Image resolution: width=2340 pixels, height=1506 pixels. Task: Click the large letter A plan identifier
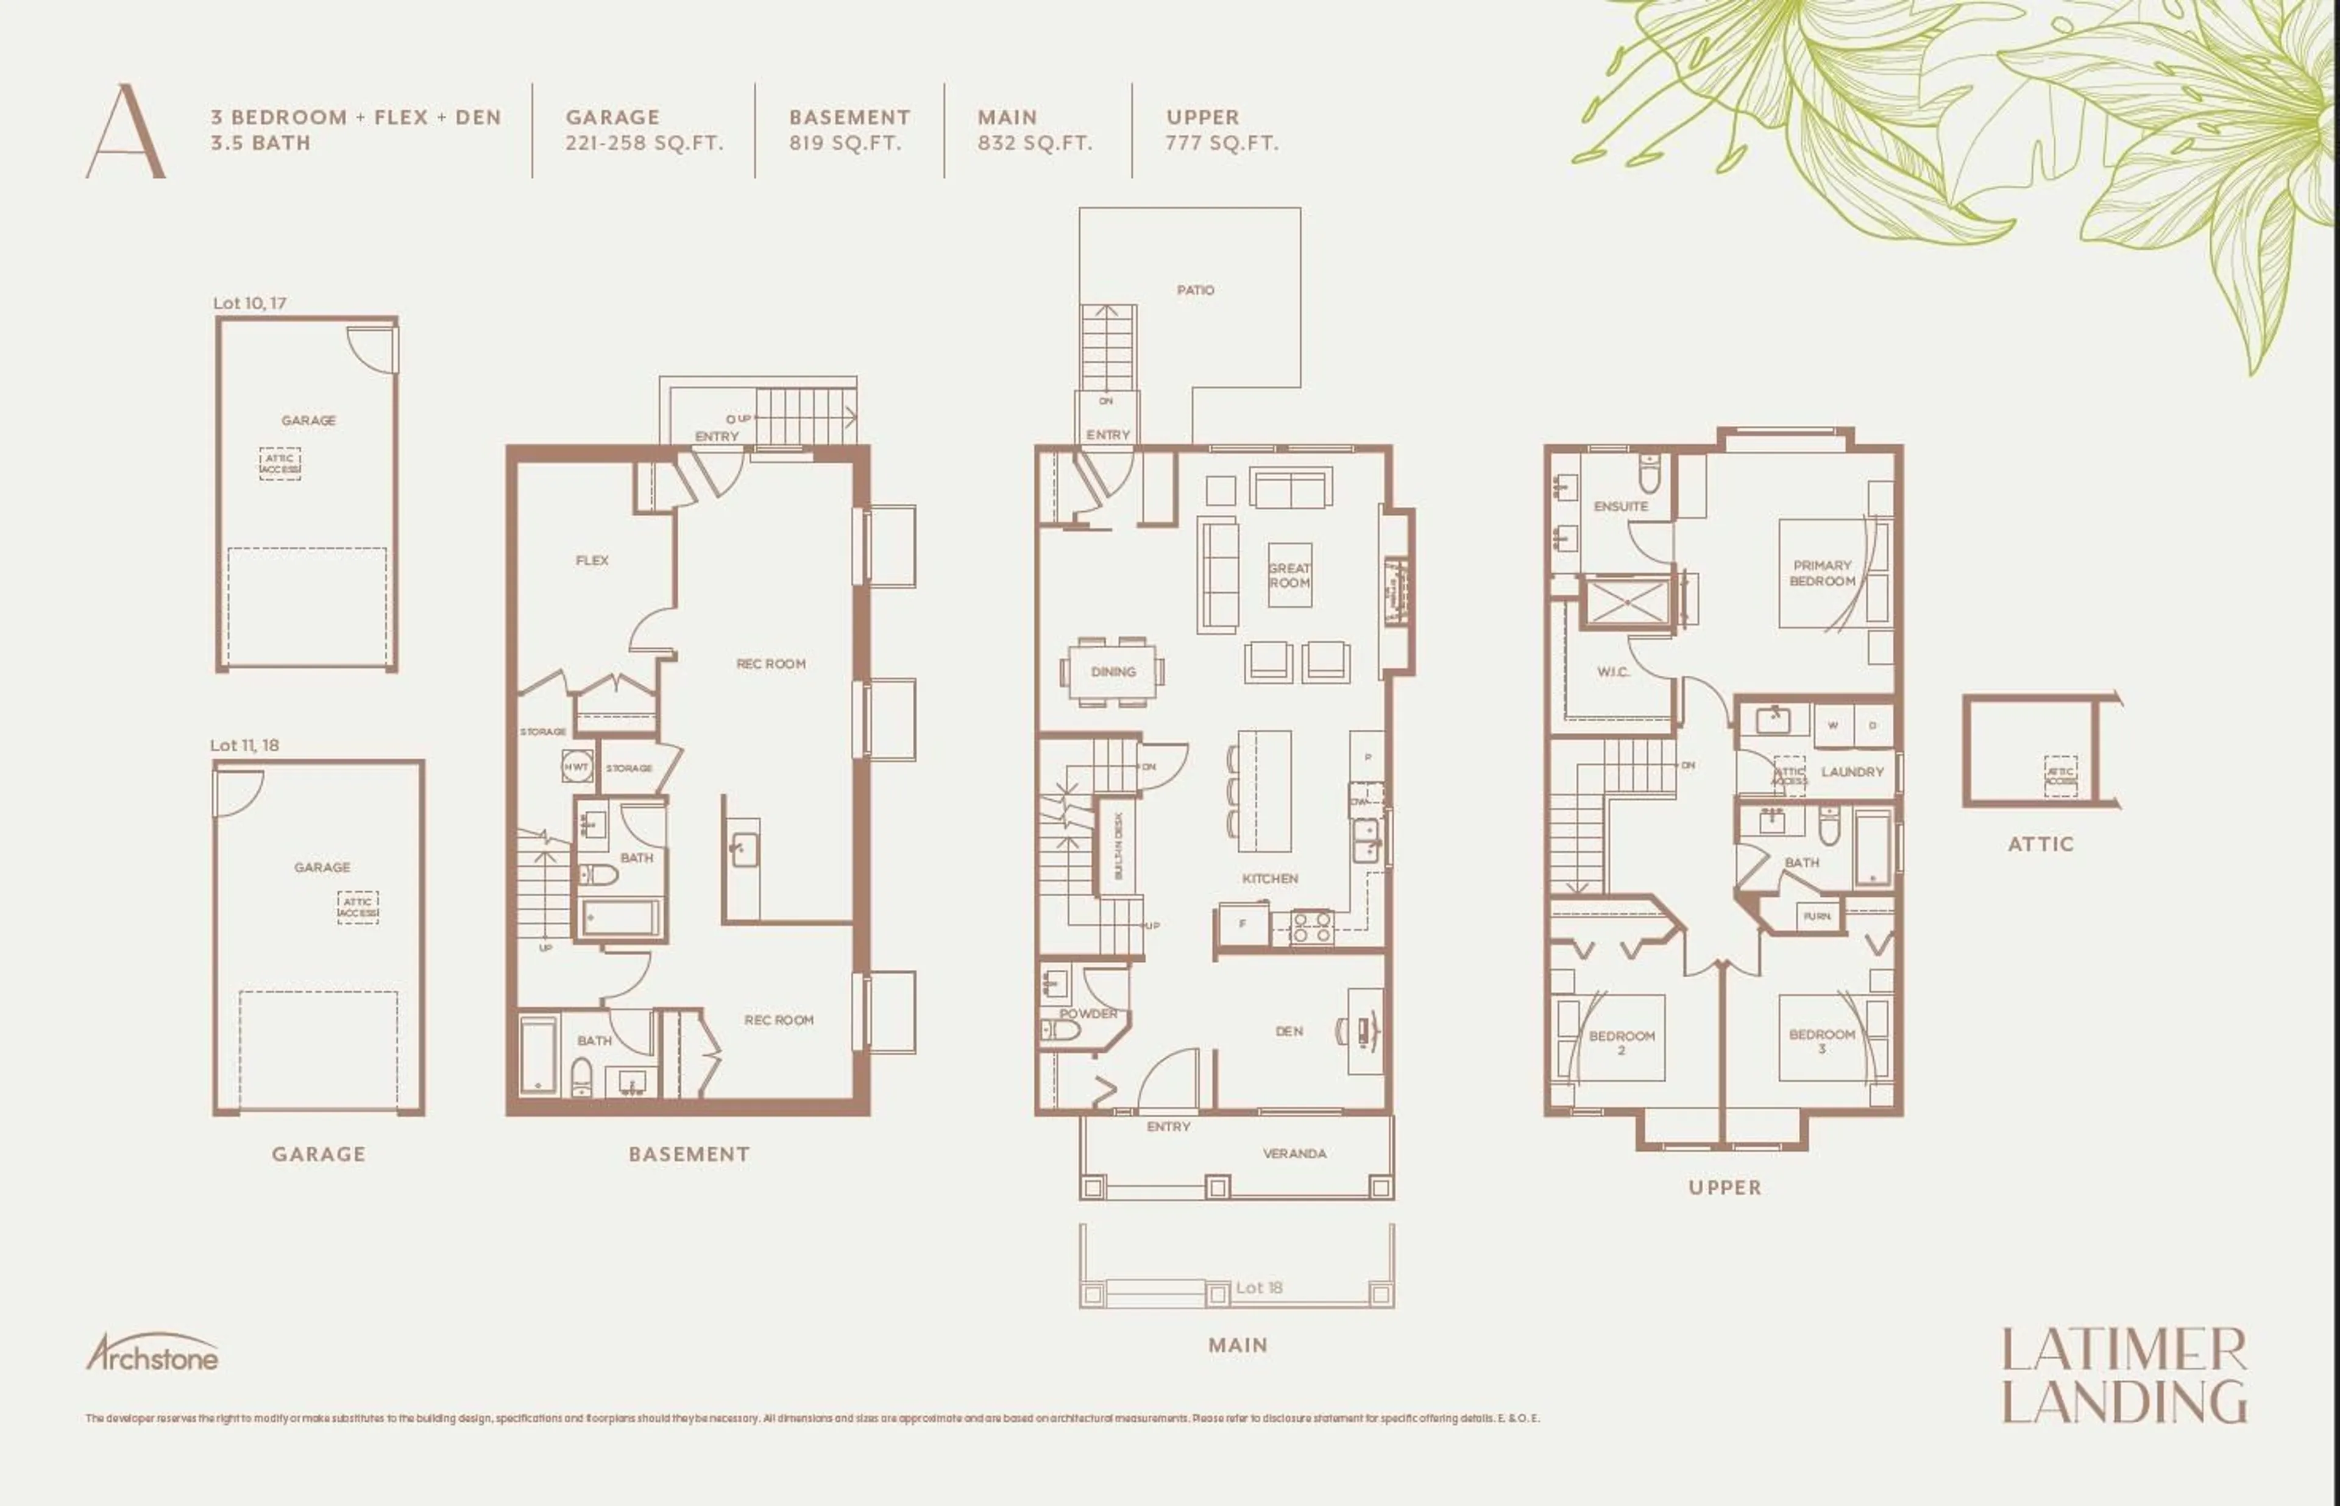click(125, 132)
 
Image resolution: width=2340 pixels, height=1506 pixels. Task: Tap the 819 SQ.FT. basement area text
click(845, 143)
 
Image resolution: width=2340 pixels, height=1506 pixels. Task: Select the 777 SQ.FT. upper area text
click(1221, 143)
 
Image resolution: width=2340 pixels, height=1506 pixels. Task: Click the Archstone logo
click(152, 1354)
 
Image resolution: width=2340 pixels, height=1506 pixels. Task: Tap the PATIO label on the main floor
click(1195, 291)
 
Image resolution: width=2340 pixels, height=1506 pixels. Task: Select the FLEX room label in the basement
click(592, 560)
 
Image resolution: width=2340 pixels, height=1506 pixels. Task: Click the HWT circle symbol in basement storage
click(576, 766)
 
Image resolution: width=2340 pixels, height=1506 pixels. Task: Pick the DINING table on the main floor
click(1113, 672)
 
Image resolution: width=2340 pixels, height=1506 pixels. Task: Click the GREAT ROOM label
click(1289, 575)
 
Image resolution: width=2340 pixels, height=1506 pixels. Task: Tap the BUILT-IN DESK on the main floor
click(1118, 845)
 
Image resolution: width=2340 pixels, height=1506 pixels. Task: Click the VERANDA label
click(1294, 1153)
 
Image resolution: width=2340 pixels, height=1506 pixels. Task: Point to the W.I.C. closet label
click(1612, 672)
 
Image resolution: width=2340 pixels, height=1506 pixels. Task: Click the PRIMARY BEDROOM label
click(1822, 573)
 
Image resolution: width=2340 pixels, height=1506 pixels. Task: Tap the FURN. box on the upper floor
click(1817, 916)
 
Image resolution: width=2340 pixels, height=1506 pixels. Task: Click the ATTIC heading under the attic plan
click(2040, 844)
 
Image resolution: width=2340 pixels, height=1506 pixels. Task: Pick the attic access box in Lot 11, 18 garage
click(357, 908)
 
